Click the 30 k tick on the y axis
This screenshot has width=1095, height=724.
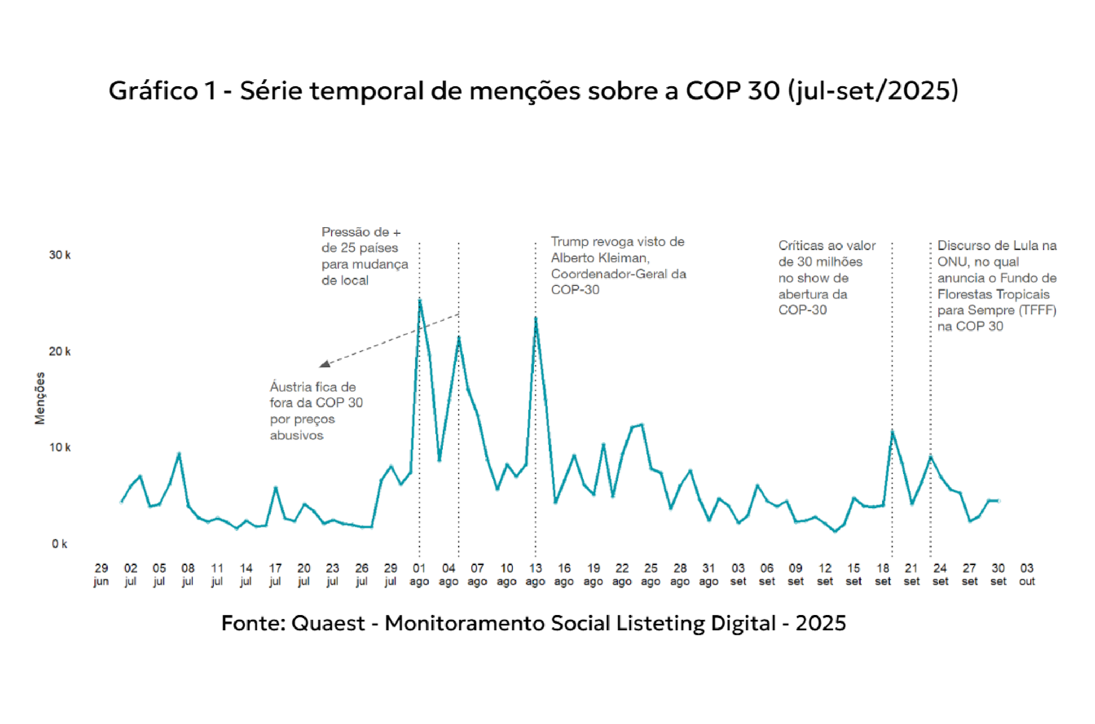pos(60,255)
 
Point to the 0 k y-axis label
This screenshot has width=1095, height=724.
pos(60,544)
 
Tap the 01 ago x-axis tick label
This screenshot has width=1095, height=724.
pos(419,574)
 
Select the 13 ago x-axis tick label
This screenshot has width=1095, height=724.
pos(535,574)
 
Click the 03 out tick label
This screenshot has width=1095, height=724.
pos(1027,574)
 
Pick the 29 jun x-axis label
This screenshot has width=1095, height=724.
pos(101,574)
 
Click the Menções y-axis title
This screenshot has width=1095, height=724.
pos(40,398)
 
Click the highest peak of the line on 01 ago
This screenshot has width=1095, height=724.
pos(420,301)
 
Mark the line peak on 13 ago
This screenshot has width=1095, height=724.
pos(536,318)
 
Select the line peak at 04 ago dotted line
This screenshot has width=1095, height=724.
pos(459,337)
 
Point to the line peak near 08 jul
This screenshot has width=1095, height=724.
pos(179,454)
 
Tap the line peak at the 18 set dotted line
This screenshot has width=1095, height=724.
pos(892,431)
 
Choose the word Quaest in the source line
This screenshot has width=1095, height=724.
pos(328,623)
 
